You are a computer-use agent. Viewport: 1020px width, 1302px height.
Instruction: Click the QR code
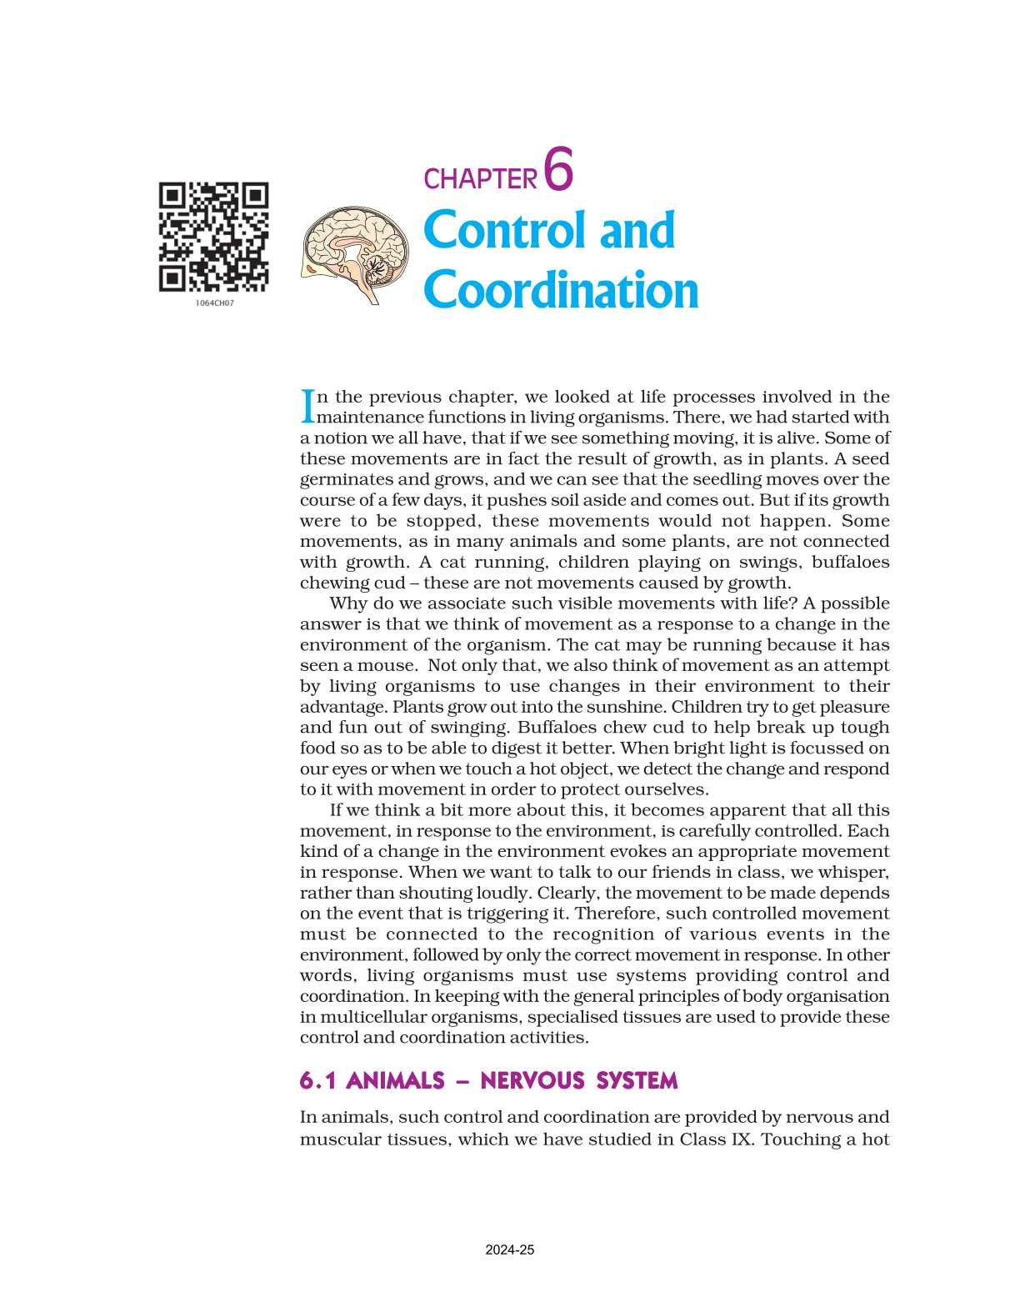[x=214, y=237]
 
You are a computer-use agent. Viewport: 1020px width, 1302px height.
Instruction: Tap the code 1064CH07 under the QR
[x=215, y=303]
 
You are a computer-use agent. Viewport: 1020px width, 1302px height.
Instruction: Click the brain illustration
[x=356, y=254]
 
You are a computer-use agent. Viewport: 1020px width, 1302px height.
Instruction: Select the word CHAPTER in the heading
[x=480, y=179]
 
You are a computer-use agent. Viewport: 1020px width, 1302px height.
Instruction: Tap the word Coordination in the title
[x=561, y=290]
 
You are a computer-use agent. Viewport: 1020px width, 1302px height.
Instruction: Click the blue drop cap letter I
[x=307, y=405]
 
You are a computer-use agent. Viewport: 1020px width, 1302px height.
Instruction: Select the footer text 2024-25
[x=510, y=1250]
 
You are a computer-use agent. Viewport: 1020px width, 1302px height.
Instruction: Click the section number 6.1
[x=317, y=1081]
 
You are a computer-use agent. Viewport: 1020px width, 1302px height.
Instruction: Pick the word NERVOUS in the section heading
[x=532, y=1081]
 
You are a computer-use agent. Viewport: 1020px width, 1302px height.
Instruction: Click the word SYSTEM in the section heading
[x=637, y=1081]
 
